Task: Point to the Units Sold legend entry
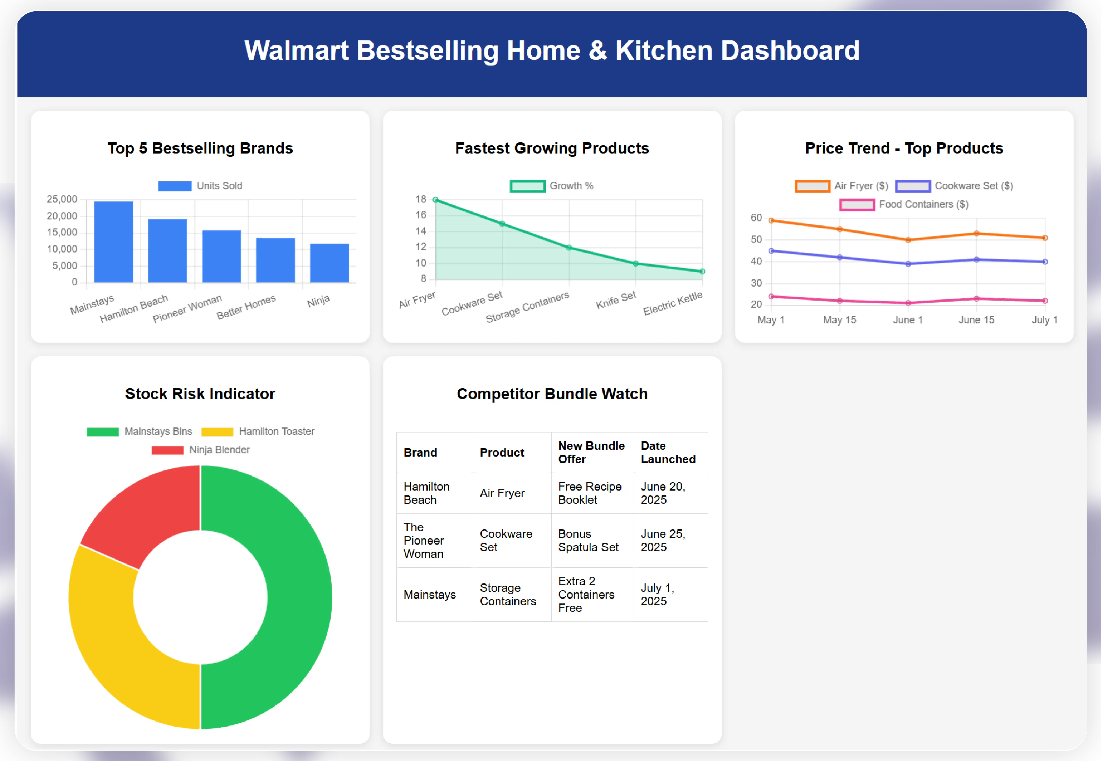click(x=200, y=186)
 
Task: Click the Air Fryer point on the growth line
click(x=435, y=200)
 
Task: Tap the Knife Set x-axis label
click(x=616, y=300)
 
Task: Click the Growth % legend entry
click(x=552, y=186)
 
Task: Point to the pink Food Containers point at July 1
click(x=1045, y=301)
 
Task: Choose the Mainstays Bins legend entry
click(x=139, y=431)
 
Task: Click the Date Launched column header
click(x=668, y=453)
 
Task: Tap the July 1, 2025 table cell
click(x=657, y=595)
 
